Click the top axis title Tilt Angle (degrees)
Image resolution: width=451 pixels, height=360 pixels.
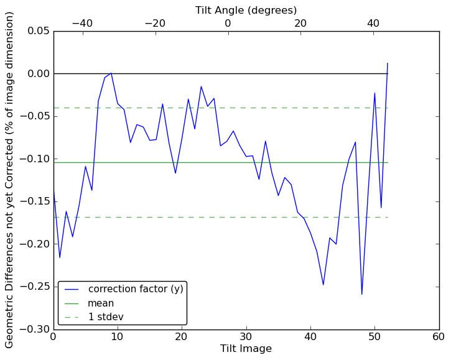click(246, 10)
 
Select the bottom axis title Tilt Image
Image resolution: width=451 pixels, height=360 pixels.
click(246, 349)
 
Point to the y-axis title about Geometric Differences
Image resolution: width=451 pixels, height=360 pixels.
click(10, 180)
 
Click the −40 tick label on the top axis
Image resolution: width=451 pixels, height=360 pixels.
click(82, 23)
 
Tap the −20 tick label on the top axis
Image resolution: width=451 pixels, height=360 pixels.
click(155, 23)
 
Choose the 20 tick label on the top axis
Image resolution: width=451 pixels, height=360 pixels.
click(300, 23)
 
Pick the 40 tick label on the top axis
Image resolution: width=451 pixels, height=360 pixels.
click(373, 23)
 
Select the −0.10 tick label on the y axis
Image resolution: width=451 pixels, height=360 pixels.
click(34, 159)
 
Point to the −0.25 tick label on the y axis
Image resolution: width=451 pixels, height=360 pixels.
click(34, 286)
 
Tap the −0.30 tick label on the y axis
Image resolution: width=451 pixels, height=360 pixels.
click(34, 329)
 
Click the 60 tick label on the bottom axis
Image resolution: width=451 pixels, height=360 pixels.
click(439, 337)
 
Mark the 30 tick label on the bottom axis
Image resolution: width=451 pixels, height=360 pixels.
click(246, 337)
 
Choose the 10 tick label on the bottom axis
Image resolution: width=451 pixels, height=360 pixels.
click(118, 337)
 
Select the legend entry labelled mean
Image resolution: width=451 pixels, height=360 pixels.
click(100, 303)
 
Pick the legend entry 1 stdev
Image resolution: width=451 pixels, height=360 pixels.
click(105, 317)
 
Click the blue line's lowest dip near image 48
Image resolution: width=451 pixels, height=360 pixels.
click(361, 294)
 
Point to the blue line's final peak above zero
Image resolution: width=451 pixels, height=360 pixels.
click(388, 63)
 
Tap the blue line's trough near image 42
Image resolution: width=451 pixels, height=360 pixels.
click(323, 285)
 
